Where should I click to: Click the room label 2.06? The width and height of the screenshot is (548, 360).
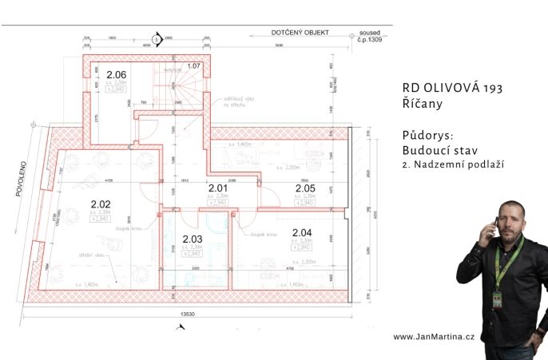click(117, 75)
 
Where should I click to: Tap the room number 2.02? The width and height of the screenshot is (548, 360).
click(101, 204)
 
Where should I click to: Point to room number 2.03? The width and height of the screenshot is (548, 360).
click(193, 239)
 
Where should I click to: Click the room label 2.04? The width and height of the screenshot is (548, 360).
click(302, 233)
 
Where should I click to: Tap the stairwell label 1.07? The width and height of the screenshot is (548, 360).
click(193, 65)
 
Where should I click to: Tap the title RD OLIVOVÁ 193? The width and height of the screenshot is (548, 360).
click(452, 88)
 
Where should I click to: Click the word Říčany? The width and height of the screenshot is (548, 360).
click(423, 104)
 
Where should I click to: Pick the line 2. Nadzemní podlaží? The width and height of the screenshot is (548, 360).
click(455, 164)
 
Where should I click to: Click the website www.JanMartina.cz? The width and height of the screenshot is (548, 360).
click(434, 337)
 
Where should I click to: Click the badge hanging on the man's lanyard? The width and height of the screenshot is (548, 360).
click(496, 299)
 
